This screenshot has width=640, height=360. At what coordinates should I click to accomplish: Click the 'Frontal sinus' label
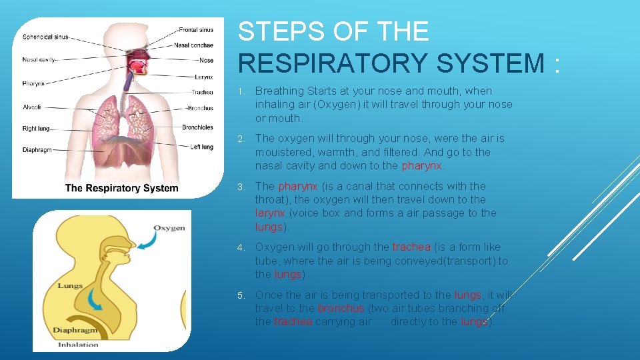[x=196, y=30]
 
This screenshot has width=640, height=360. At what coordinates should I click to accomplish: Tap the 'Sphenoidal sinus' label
[x=45, y=37]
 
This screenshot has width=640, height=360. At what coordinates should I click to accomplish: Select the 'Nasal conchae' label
[x=195, y=45]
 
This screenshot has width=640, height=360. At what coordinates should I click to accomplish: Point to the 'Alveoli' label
[x=32, y=107]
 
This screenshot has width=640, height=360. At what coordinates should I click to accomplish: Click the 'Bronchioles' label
[x=197, y=127]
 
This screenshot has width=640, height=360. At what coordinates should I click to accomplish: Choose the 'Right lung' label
[x=36, y=129]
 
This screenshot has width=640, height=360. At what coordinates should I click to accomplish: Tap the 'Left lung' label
[x=201, y=147]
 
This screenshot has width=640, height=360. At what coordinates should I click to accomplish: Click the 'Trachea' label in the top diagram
[x=202, y=93]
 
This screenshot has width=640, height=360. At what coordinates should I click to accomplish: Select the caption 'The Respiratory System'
[x=121, y=188]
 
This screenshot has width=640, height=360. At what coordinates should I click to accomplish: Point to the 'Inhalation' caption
[x=78, y=345]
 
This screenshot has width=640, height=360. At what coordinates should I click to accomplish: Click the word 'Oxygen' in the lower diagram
[x=169, y=228]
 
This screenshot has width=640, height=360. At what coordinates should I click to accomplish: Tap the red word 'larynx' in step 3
[x=270, y=213]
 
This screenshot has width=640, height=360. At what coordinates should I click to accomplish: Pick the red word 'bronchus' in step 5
[x=341, y=308]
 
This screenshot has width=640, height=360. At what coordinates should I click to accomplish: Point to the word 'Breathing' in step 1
[x=279, y=91]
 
